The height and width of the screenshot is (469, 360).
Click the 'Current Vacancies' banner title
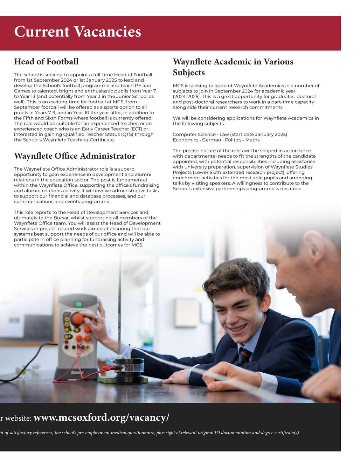click(x=77, y=32)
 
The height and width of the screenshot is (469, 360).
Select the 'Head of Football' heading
click(x=46, y=62)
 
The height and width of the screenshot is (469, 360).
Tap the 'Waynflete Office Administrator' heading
click(x=75, y=156)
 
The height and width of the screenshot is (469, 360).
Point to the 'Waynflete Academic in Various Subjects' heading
click(x=233, y=67)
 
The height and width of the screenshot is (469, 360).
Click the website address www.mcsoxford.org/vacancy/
click(x=101, y=418)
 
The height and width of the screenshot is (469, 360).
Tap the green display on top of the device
click(x=79, y=303)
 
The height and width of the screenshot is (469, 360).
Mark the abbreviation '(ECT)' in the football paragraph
click(x=135, y=129)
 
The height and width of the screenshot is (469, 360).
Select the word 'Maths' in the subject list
click(x=252, y=140)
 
